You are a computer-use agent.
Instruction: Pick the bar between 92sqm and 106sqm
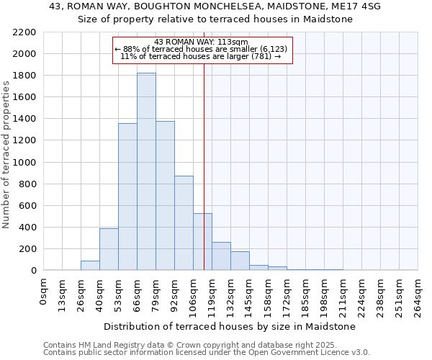pyautogui.click(x=184, y=223)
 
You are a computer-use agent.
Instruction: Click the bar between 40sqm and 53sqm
pyautogui.click(x=109, y=249)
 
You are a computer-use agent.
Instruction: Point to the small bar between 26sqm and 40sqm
pyautogui.click(x=90, y=266)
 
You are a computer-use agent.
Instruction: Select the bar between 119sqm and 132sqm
pyautogui.click(x=221, y=256)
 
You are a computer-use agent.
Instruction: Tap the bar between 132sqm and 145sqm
pyautogui.click(x=240, y=261)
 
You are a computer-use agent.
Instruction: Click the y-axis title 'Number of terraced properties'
pyautogui.click(x=6, y=155)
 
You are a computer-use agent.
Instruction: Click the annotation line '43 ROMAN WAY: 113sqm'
pyautogui.click(x=201, y=42)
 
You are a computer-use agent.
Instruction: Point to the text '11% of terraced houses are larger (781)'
pyautogui.click(x=201, y=56)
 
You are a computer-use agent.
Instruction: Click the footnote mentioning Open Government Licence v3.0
pyautogui.click(x=207, y=352)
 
